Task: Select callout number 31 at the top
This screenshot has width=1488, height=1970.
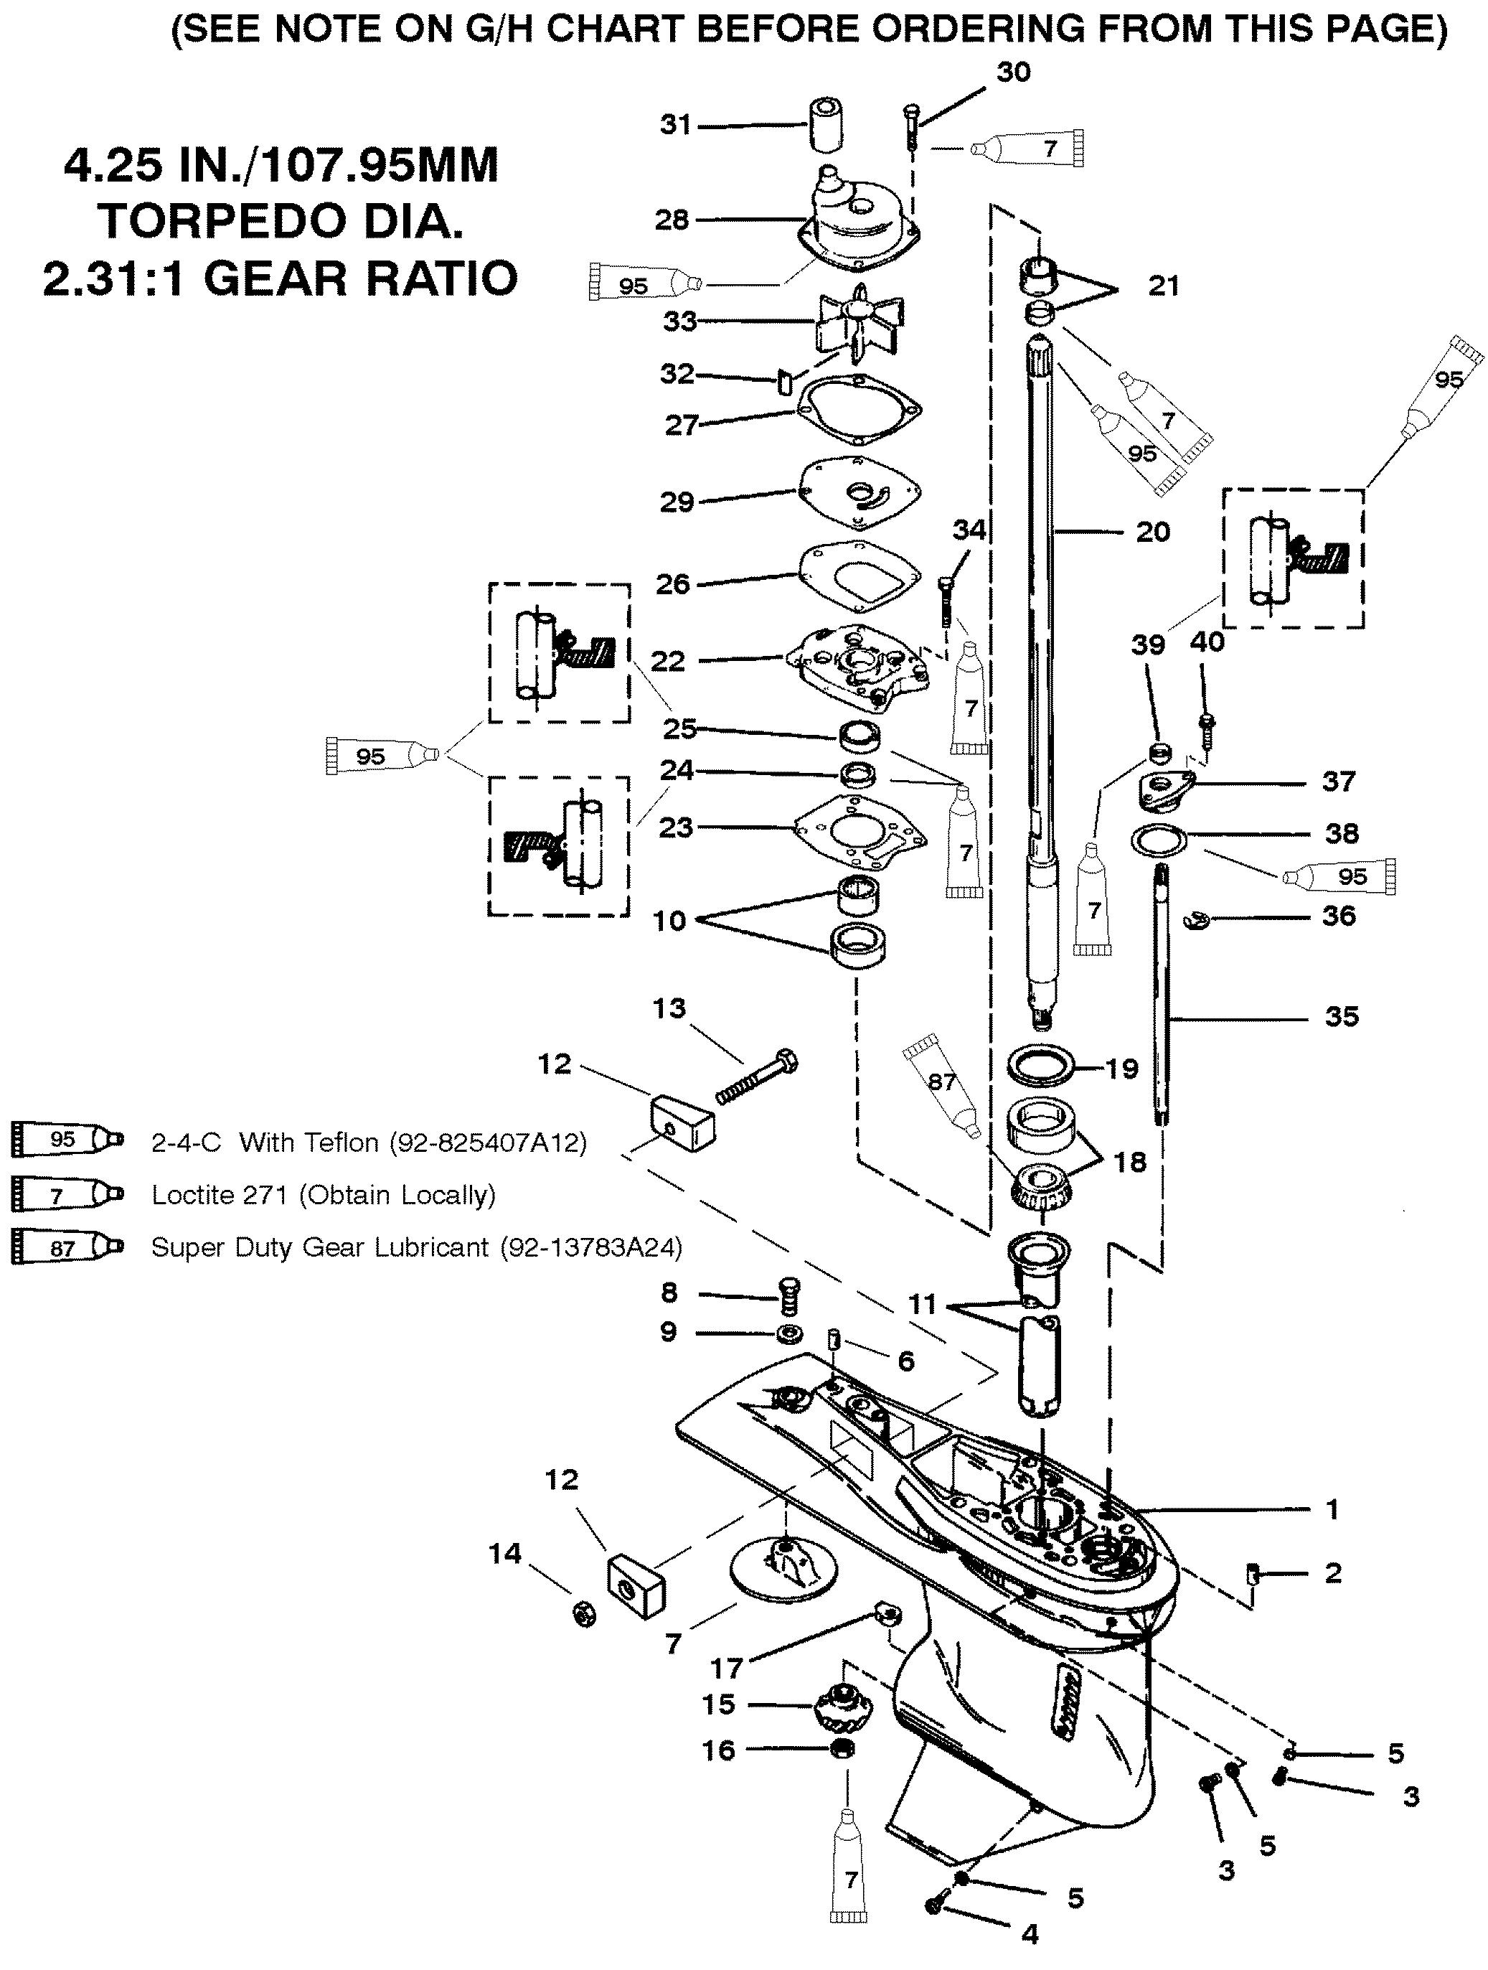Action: (676, 125)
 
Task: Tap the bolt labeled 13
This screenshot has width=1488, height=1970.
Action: (756, 1079)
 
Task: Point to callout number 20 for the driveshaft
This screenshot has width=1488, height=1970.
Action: (1152, 532)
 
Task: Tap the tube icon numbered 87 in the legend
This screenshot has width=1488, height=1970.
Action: (66, 1248)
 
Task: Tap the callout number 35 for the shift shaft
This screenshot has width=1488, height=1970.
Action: (1341, 1016)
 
